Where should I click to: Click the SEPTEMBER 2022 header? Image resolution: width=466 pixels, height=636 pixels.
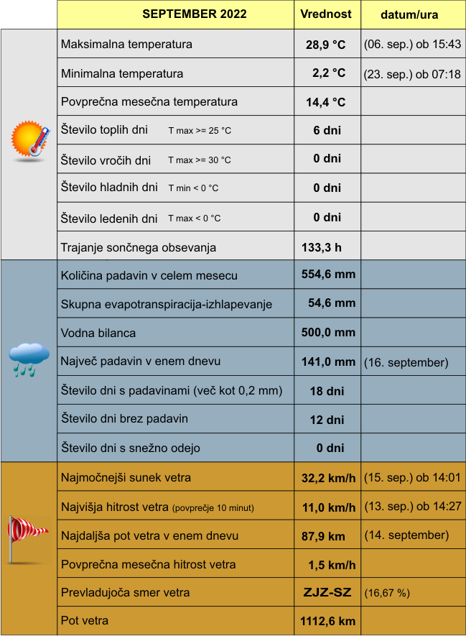(194, 14)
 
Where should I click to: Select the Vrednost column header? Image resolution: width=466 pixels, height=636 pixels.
(326, 14)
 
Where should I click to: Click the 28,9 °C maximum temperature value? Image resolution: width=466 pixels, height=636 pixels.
(326, 45)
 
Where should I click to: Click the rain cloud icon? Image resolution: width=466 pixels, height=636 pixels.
(29, 359)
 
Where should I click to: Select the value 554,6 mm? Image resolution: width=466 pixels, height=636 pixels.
(328, 275)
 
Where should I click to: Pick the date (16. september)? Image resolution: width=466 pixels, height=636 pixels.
(406, 362)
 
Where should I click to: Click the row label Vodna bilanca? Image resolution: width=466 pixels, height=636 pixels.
(98, 333)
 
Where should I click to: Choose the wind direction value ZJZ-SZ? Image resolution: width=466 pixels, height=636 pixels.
(327, 593)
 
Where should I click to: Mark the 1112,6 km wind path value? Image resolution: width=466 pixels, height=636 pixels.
(327, 621)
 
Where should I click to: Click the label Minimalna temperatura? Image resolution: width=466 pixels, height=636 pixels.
(122, 73)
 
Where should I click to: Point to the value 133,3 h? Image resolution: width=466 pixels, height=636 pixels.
(321, 247)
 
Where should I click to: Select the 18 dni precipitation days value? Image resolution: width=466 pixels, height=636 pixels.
(327, 391)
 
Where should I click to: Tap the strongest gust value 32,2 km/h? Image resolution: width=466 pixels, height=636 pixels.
(328, 478)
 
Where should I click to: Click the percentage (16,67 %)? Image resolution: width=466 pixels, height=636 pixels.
(387, 594)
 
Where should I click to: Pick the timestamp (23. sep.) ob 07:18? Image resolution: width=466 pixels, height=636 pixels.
(412, 73)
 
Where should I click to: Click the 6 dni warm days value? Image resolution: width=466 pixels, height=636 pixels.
(327, 130)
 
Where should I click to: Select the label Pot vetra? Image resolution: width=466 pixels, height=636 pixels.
(85, 620)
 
